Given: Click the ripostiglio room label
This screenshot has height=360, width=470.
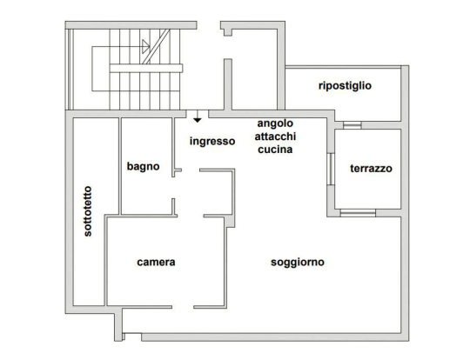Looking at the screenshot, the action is (x=345, y=86).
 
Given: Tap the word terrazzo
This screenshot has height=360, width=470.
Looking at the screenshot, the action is (x=371, y=169).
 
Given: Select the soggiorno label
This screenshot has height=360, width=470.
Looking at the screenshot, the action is (x=298, y=263).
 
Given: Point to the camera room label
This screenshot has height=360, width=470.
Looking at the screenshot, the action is (x=156, y=262).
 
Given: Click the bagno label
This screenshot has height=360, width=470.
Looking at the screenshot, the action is (x=143, y=167).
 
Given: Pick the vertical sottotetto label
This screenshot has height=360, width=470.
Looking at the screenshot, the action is (x=88, y=211).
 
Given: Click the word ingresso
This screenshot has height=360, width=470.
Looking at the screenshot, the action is (x=212, y=141).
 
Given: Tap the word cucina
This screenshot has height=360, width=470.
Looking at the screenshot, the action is (x=275, y=150).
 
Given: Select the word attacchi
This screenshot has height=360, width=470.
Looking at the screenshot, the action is (x=275, y=137).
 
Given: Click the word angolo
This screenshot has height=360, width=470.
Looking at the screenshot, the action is (x=275, y=123).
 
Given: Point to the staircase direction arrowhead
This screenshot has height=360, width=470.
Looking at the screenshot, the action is (x=146, y=46).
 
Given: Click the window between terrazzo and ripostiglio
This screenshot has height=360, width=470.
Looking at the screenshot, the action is (x=352, y=125).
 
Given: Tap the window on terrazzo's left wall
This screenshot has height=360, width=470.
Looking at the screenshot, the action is (x=331, y=170).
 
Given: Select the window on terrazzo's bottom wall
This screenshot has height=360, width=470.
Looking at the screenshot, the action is (x=358, y=213).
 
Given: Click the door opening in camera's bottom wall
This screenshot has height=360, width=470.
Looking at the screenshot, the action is (x=183, y=307).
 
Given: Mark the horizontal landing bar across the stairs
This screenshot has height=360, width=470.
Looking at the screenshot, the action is (x=146, y=68).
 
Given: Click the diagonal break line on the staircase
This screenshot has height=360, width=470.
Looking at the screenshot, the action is (x=156, y=46).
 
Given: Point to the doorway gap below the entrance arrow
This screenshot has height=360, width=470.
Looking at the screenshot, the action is (x=198, y=114).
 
